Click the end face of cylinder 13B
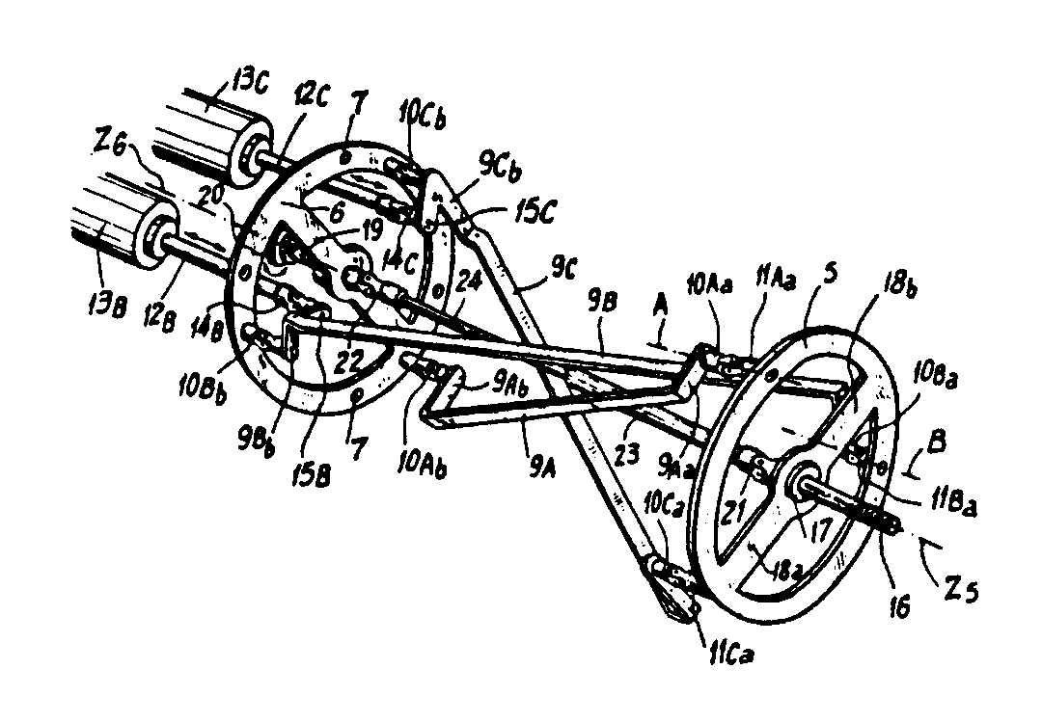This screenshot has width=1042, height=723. [x=153, y=242]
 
